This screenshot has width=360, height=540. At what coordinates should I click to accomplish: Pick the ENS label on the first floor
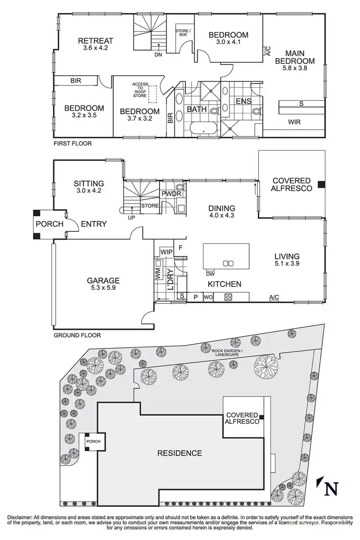click(243, 101)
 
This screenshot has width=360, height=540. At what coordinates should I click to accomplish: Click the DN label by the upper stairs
click(158, 54)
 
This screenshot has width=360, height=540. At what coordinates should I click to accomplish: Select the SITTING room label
click(89, 183)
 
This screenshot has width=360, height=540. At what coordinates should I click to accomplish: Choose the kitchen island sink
click(228, 263)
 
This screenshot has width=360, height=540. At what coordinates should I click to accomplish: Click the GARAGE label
click(103, 281)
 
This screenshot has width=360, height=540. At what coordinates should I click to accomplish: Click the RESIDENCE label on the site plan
click(180, 453)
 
